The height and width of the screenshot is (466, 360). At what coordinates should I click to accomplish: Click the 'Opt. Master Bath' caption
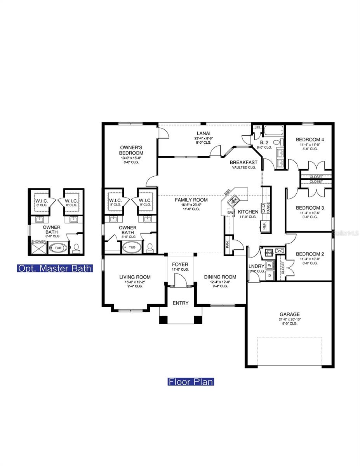point(55,268)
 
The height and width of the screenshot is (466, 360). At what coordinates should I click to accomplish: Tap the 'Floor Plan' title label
point(191,382)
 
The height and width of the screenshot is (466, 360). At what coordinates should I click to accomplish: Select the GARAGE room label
point(290,314)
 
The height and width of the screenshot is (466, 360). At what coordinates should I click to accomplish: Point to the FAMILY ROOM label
point(191,200)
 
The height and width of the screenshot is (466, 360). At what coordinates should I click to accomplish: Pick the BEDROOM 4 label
point(310,140)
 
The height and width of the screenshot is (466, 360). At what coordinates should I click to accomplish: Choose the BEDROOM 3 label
point(310,208)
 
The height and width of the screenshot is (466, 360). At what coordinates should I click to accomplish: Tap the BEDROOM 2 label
point(310,254)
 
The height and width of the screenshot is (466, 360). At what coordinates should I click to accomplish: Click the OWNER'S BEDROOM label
point(131,150)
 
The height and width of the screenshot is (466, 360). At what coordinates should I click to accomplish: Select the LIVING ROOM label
point(135,277)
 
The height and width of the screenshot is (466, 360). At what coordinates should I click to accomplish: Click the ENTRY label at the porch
point(181,303)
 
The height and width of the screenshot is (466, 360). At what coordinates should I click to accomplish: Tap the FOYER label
point(180,264)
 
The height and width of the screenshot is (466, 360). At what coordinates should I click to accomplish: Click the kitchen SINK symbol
point(233,201)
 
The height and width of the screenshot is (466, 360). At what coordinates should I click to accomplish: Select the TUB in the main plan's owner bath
point(132,247)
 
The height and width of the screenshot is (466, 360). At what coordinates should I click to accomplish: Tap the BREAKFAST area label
point(243,162)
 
